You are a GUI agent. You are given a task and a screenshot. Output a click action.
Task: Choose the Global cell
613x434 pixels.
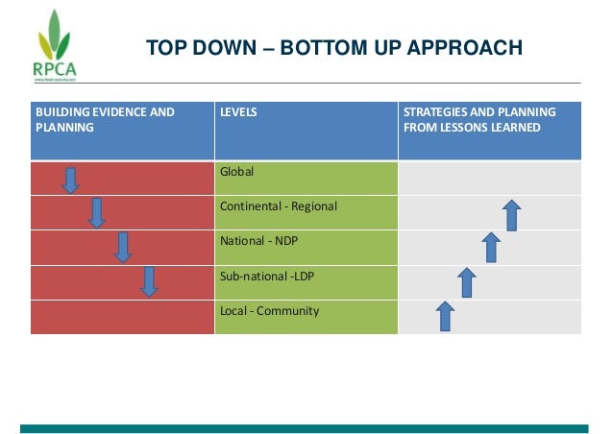306,179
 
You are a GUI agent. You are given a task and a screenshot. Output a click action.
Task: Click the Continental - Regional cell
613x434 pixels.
306,213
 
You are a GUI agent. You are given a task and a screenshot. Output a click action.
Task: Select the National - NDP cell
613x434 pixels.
306,248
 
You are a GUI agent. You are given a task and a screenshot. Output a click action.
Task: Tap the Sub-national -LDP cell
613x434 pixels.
306,282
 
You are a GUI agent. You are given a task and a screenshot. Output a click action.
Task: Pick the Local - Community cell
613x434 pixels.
306,317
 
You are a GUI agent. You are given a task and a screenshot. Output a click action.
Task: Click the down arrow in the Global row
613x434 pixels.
71,180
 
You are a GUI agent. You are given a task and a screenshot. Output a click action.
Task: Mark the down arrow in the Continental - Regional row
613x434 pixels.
96,213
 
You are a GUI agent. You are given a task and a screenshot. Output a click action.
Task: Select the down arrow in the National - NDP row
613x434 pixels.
122,247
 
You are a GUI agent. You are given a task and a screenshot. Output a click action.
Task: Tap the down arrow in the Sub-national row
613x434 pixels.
148,281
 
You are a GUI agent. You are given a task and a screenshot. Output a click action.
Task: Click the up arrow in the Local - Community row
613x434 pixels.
445,315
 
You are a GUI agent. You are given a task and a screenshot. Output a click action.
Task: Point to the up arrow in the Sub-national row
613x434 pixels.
467,282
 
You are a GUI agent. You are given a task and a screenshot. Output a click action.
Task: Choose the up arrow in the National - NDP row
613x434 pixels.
491,248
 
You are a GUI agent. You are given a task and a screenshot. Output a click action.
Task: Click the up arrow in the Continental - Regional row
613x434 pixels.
512,215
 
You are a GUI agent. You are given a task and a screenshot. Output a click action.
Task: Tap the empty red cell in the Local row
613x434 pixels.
122,317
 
